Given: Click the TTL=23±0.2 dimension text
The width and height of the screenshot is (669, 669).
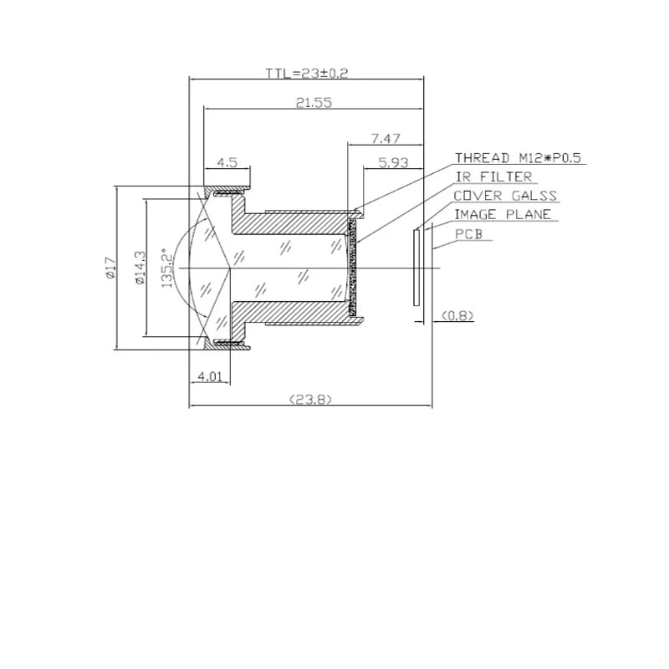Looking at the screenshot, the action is pyautogui.click(x=307, y=74).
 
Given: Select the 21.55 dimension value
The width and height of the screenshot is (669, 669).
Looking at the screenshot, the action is pyautogui.click(x=314, y=103).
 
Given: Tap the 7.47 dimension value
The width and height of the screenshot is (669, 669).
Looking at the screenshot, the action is pyautogui.click(x=386, y=139).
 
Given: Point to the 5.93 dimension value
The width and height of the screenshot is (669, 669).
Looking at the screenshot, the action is pyautogui.click(x=393, y=162).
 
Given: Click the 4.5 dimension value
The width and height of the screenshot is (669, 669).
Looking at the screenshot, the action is pyautogui.click(x=227, y=162).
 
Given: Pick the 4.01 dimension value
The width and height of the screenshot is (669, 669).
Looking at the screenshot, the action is pyautogui.click(x=210, y=376).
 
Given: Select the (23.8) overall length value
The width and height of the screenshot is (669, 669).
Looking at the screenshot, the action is pyautogui.click(x=310, y=400).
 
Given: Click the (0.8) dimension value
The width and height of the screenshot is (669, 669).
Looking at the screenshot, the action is pyautogui.click(x=457, y=315).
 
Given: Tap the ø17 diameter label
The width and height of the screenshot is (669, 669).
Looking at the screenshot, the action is pyautogui.click(x=110, y=268).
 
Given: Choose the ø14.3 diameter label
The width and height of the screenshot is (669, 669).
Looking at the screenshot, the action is pyautogui.click(x=140, y=268).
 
